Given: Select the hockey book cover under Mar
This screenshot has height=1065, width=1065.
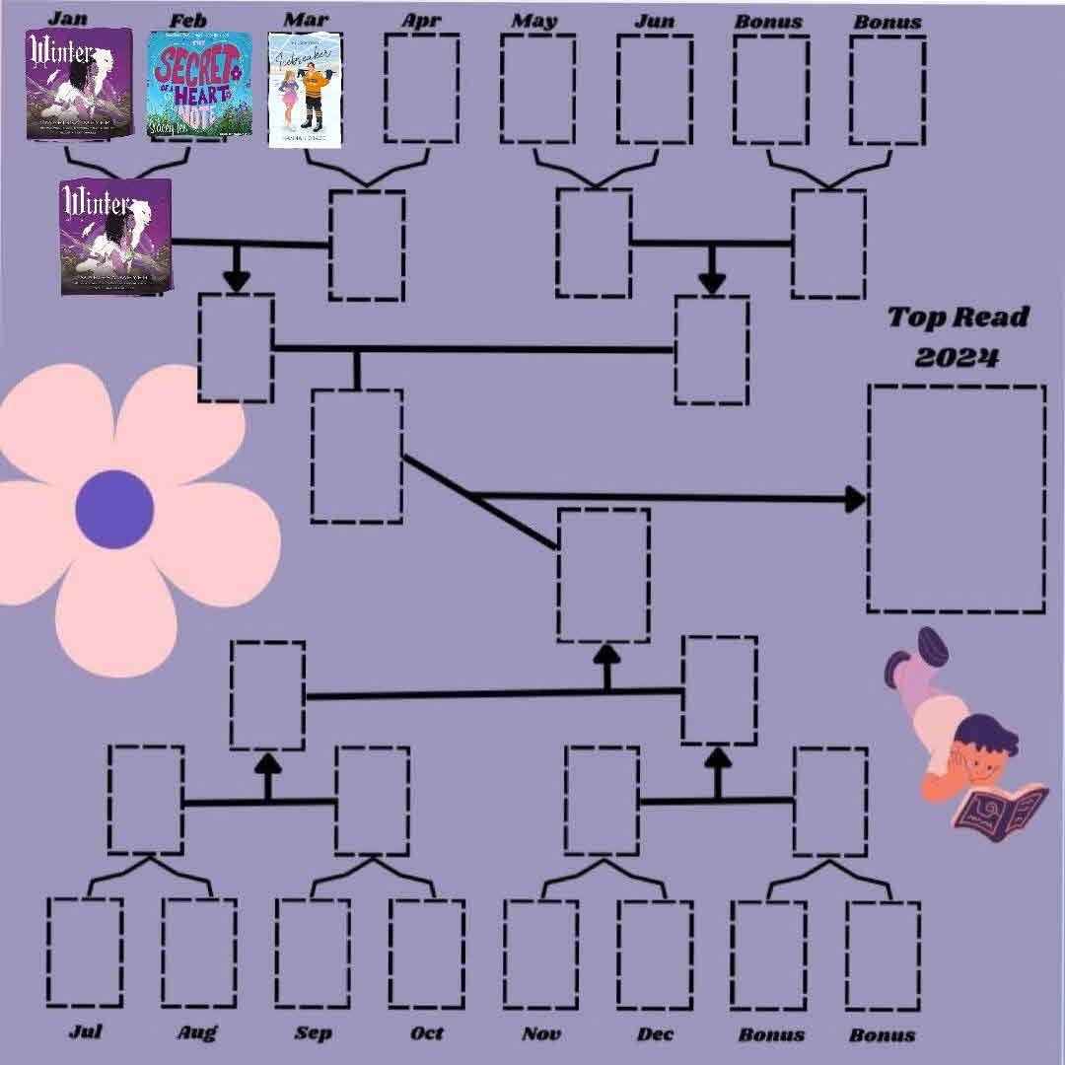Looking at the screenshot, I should coord(305,91).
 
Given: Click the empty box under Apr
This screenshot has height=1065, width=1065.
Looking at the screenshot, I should coord(421,88).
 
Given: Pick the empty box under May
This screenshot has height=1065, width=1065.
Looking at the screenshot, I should coord(537,89).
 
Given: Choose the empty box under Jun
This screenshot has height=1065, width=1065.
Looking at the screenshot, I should coord(654,89).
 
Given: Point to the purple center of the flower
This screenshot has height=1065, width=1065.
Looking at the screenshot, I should coord(114,509).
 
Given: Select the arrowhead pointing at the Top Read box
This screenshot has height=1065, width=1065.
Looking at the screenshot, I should coord(854,499).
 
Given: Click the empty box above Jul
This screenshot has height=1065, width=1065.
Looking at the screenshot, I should coord(85,952).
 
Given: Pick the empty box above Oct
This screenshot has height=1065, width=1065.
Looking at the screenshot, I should coord(426,953).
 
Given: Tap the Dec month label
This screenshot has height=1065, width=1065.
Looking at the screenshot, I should coord(655,1032).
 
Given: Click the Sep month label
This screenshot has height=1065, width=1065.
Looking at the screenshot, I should coord(313,1032).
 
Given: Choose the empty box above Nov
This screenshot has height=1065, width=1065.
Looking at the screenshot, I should coord(540,954).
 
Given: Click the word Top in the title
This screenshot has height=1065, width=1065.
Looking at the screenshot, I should coord(913,318).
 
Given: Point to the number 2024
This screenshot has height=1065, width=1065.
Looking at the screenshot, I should coord(956,356).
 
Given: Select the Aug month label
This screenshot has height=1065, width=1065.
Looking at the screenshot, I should coord(197,1032).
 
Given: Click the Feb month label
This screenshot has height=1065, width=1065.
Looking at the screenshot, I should coord(187,20).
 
